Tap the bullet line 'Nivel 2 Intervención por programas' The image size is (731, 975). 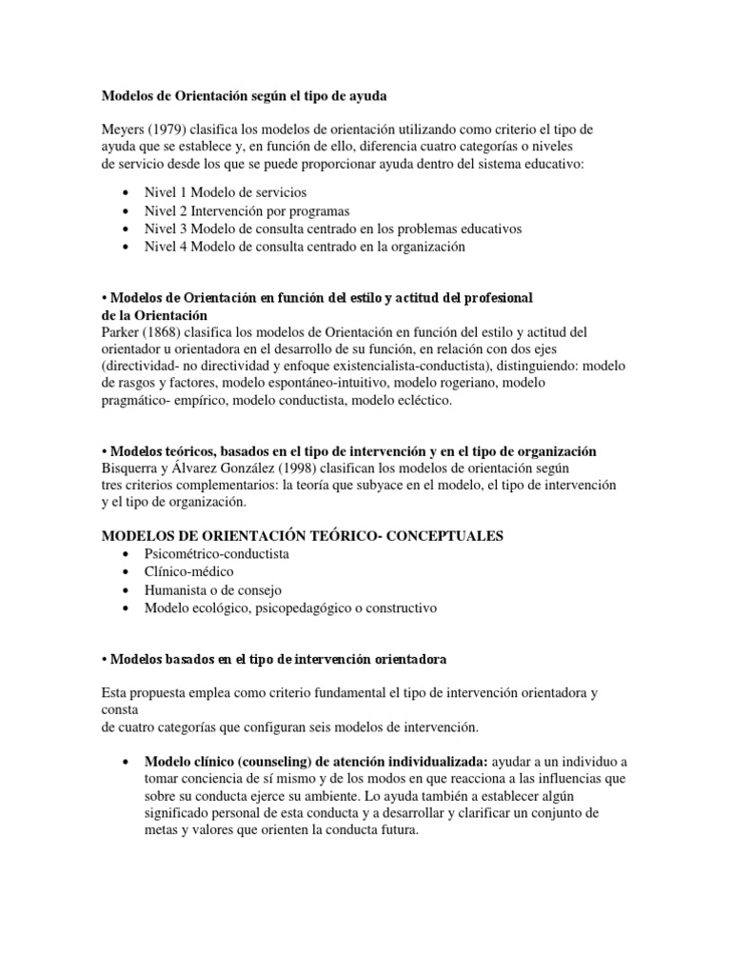pyautogui.click(x=246, y=210)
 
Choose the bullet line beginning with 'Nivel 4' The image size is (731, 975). pyautogui.click(x=304, y=247)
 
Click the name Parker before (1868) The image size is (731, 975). pyautogui.click(x=121, y=331)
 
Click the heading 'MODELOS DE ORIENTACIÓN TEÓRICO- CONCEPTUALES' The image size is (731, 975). pyautogui.click(x=302, y=536)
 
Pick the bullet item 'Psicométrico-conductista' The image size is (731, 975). pyautogui.click(x=216, y=553)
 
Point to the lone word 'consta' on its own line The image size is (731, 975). pyautogui.click(x=119, y=710)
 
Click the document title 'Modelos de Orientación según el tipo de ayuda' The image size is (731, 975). pyautogui.click(x=245, y=96)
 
